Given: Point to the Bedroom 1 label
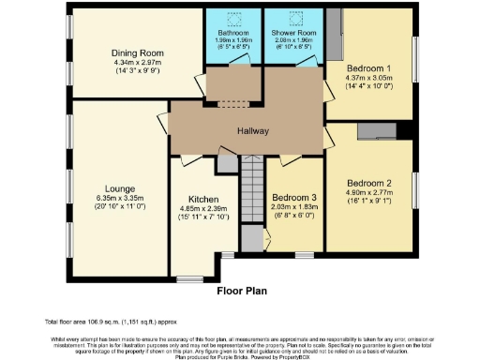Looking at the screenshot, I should (367, 68).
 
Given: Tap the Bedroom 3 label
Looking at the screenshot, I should (293, 198).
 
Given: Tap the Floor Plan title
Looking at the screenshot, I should (241, 291).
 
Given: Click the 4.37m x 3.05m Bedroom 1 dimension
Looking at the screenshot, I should (367, 79).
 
